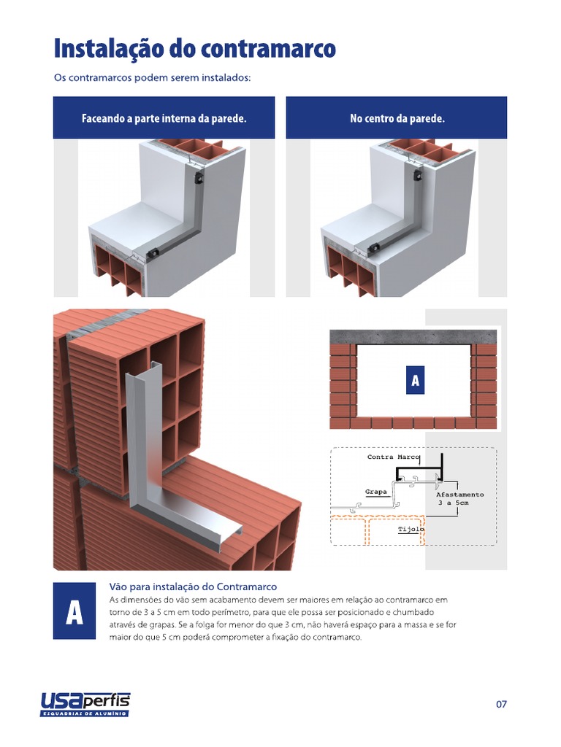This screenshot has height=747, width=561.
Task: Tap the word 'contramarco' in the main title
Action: coord(268,50)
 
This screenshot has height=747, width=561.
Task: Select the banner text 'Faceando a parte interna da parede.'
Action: coord(164,118)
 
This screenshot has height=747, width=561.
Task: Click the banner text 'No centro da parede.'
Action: coord(397,118)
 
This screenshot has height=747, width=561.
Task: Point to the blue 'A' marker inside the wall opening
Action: coord(415,380)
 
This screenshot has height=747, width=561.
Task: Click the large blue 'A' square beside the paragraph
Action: coord(75,611)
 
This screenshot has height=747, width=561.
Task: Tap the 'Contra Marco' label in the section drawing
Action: coord(394,457)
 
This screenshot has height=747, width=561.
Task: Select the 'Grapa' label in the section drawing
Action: coord(376,492)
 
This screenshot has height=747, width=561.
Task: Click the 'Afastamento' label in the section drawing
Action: coord(460,495)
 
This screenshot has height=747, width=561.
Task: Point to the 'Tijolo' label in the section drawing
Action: coord(411,530)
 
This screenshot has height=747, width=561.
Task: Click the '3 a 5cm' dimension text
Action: coord(454,503)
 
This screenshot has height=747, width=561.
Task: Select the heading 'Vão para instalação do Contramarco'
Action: coord(193,587)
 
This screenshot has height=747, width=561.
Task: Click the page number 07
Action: coord(501,704)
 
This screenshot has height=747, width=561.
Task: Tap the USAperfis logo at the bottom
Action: coord(85,704)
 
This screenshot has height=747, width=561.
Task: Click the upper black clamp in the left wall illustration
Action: coord(199,179)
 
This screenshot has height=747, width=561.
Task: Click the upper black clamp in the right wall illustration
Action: coord(419,176)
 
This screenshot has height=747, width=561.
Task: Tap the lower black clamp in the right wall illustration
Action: coord(375,248)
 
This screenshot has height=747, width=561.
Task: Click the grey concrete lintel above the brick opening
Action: coord(413,337)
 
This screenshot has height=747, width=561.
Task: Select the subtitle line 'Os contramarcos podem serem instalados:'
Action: coord(152,77)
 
